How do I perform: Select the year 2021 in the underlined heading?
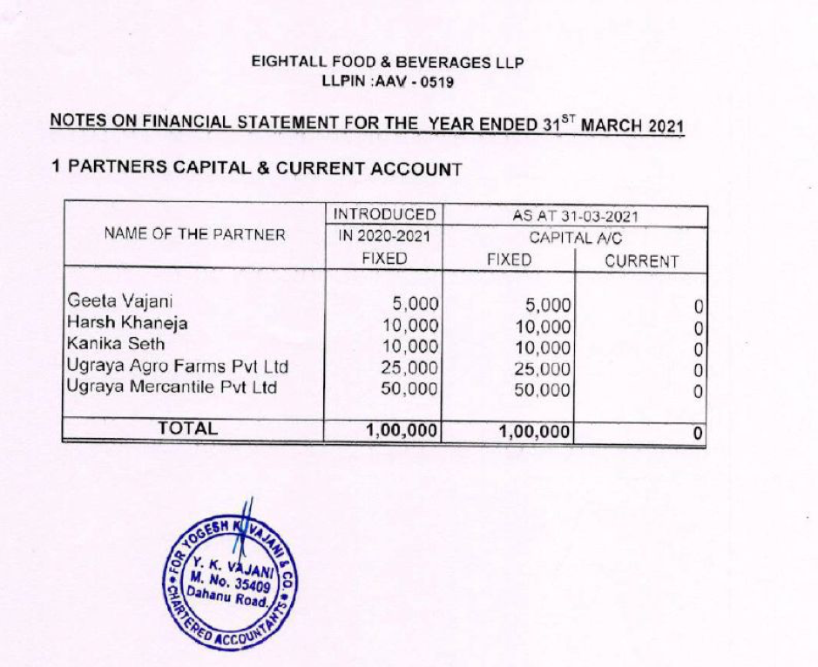tap(666, 125)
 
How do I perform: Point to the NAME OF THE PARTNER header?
tap(194, 234)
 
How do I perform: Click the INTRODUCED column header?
tap(384, 214)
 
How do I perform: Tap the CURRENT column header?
tap(641, 260)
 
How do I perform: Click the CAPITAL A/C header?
tap(574, 237)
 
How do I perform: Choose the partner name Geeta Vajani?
tap(119, 303)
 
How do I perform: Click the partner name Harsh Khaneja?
tap(127, 323)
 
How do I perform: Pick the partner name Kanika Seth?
tap(116, 344)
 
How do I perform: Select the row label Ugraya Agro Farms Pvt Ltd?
tap(178, 366)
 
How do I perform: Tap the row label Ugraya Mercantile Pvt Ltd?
tap(172, 387)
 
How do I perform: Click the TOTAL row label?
tap(186, 428)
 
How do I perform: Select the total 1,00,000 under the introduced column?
tap(401, 430)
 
